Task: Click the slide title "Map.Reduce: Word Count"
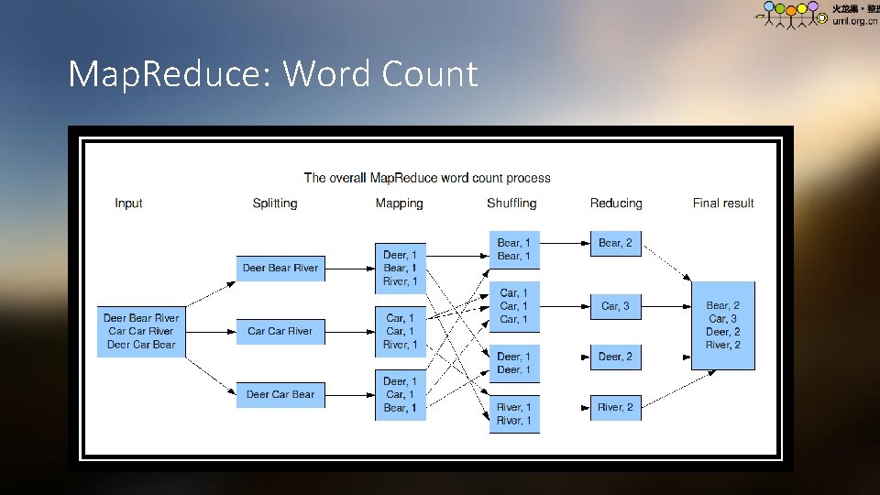pos(273,73)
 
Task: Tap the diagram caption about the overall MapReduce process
pos(427,178)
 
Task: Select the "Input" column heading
pos(128,203)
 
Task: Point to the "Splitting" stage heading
pos(275,203)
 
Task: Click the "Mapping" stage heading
pos(399,203)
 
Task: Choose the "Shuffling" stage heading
pos(511,203)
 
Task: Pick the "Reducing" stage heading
pos(616,203)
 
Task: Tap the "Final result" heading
pos(723,203)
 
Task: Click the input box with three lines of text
pos(141,331)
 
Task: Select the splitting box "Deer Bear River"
pos(280,268)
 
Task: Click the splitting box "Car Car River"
pos(280,331)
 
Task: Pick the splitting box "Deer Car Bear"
pos(280,394)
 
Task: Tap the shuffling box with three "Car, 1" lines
pos(513,306)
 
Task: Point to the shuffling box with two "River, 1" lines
pos(513,414)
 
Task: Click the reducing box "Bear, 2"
pos(615,243)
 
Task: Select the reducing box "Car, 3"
pos(615,306)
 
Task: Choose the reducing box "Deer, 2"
pos(615,357)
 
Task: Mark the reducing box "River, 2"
pos(615,407)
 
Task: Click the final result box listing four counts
pos(723,325)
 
